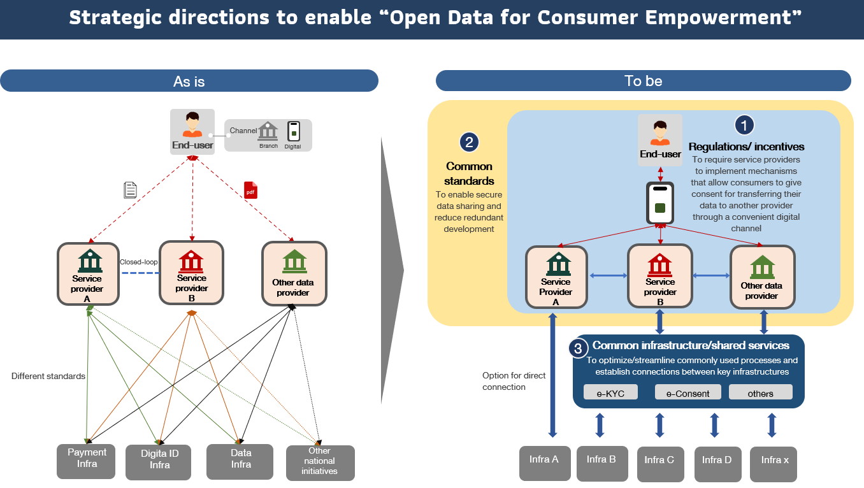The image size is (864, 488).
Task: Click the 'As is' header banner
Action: click(x=189, y=81)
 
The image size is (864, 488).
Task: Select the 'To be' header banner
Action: click(x=643, y=81)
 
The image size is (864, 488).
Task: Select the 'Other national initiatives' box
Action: click(x=320, y=462)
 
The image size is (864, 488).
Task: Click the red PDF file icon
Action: click(x=250, y=190)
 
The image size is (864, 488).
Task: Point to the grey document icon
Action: click(x=130, y=190)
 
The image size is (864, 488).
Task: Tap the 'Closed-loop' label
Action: click(x=139, y=262)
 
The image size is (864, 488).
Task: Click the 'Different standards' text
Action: click(x=48, y=377)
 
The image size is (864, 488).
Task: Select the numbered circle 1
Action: click(x=744, y=125)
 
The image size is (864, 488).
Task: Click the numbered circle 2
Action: click(x=469, y=142)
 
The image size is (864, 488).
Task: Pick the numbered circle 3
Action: click(x=578, y=348)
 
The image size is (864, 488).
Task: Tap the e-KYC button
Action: click(x=610, y=392)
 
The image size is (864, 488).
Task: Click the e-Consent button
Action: click(x=688, y=392)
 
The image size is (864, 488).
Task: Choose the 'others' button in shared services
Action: click(x=760, y=392)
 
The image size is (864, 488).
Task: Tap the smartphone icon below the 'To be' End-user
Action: click(x=660, y=203)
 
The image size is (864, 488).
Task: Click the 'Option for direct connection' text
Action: click(x=514, y=381)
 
